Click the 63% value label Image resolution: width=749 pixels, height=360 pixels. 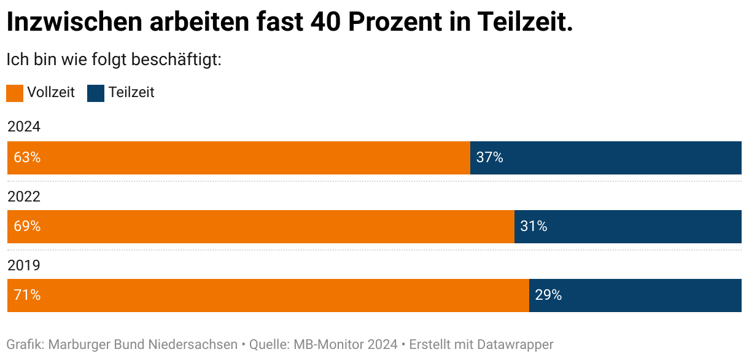point(27,158)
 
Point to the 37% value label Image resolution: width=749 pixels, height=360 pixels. point(490,158)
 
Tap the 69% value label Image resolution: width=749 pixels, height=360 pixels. point(27,227)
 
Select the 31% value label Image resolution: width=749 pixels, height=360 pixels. point(534,227)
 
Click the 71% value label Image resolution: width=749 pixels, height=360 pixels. point(27,295)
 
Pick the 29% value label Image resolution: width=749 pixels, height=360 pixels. point(548,295)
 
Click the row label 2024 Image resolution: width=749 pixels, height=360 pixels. point(24,127)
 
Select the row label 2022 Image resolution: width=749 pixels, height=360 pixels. point(24,197)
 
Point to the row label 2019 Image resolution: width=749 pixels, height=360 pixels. point(24,265)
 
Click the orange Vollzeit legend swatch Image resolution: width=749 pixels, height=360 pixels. point(15,93)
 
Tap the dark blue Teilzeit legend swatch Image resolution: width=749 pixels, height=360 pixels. point(96,93)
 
